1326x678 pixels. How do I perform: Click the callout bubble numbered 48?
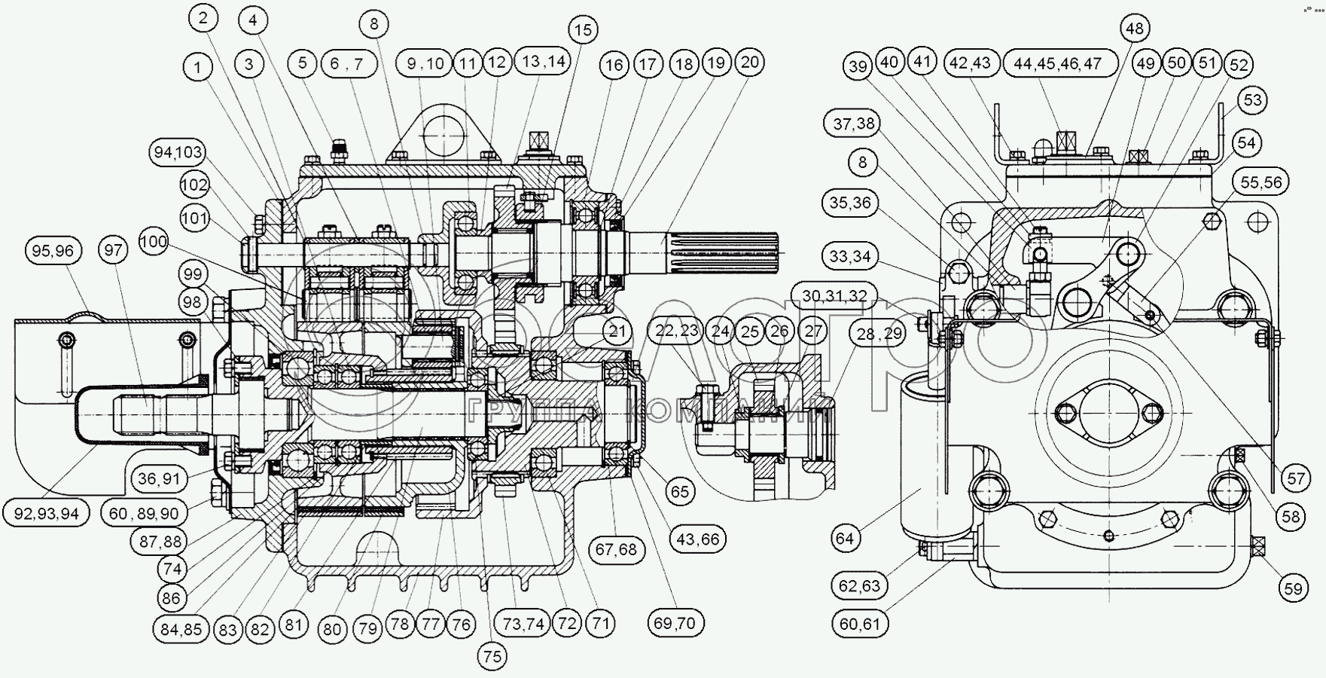tap(1134, 29)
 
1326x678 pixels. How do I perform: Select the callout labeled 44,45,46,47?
tap(1057, 63)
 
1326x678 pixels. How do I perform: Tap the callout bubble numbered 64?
tap(846, 538)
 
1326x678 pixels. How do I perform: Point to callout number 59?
tap(1293, 588)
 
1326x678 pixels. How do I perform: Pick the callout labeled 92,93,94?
tap(47, 514)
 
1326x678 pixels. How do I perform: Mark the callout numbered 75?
tap(492, 656)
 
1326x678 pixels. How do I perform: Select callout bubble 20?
tap(749, 63)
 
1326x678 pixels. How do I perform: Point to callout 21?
tap(617, 331)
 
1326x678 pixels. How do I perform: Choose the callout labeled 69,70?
tap(675, 623)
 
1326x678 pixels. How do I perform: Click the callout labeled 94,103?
tap(178, 153)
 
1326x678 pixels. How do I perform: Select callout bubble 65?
tap(680, 491)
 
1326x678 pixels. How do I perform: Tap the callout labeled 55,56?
tap(1260, 182)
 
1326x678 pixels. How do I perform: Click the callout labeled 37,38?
tap(853, 123)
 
